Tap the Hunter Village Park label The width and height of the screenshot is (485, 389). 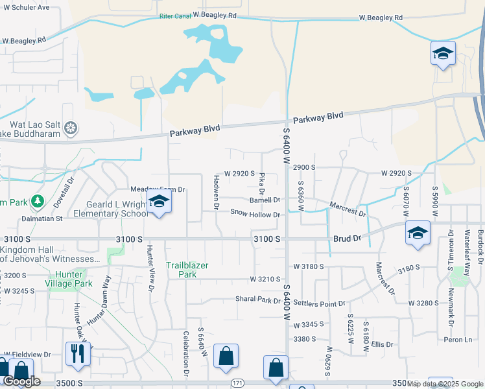tap(69, 278)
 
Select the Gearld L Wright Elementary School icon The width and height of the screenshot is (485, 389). tap(158, 202)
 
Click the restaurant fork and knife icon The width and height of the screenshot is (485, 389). tap(77, 354)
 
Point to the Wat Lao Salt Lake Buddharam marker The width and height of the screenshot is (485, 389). tap(71, 126)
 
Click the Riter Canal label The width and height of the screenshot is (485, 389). tap(175, 16)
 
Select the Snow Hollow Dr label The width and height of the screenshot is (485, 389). tap(255, 214)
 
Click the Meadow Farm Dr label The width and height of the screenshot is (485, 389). tap(158, 189)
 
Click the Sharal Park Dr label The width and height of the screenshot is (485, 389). tap(258, 300)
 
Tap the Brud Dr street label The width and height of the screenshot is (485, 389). tap(346, 239)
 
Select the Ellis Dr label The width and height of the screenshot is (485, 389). tap(383, 344)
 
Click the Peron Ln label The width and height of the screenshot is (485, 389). tap(458, 340)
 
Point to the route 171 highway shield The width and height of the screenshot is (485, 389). tap(237, 384)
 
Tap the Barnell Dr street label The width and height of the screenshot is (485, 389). tap(265, 200)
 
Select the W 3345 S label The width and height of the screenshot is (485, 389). tap(308, 325)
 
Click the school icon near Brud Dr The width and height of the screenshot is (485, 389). tap(418, 233)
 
